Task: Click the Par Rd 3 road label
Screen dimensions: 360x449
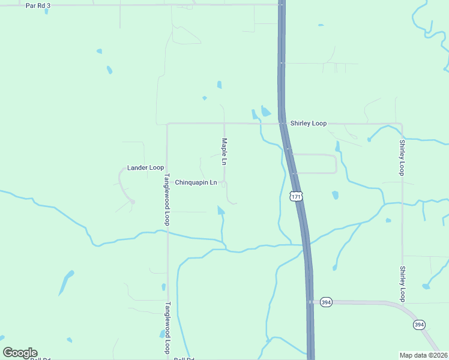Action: click(38, 5)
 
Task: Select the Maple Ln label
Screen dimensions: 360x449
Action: click(223, 152)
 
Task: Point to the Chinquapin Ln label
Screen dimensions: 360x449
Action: click(196, 182)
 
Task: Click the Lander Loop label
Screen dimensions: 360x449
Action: click(145, 167)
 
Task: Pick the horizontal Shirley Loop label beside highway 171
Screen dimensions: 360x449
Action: click(309, 124)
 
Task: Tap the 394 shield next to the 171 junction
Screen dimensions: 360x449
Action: click(325, 302)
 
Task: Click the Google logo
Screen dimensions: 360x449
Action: click(20, 353)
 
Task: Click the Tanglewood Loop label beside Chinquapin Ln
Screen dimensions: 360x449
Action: click(167, 200)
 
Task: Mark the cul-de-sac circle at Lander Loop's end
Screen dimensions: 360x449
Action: click(133, 202)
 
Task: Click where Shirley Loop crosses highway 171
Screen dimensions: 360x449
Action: click(281, 124)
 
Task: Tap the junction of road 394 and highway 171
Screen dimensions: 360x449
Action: click(310, 302)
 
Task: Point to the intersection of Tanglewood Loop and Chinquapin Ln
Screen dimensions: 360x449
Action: click(167, 182)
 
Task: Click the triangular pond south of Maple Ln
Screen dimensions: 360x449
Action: click(221, 210)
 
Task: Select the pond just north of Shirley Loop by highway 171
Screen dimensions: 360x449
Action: click(265, 112)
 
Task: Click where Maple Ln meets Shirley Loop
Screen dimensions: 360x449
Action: click(224, 124)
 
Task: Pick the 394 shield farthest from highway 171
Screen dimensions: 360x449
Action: click(419, 325)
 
